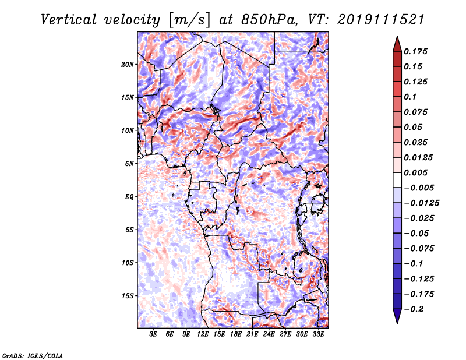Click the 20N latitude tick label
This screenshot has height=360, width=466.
pos(128,65)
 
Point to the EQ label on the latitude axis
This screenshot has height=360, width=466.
pos(129,197)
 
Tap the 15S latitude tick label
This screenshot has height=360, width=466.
pos(128,296)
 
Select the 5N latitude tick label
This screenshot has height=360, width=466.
pos(129,164)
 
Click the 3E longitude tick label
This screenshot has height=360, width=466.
pos(153,334)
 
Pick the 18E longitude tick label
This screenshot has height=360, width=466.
pos(236,334)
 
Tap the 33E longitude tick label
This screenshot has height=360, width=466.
pos(318,334)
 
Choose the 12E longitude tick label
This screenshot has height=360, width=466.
pos(203,334)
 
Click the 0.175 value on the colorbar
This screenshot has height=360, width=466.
pos(415,51)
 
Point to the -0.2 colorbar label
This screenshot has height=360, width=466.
pos(414,309)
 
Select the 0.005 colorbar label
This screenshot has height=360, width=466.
pos(415,172)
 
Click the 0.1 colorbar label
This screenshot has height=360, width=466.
pos(410,97)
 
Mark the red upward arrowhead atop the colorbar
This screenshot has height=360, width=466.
pos(397,44)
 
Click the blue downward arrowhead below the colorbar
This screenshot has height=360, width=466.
pos(397,316)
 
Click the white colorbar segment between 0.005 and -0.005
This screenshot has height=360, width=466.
pos(397,180)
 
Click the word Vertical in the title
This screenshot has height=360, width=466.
pos(69,20)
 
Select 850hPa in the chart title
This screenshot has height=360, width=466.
pos(269,20)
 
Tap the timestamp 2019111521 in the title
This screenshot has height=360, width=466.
pos(381,20)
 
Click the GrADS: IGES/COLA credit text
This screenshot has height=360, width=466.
pos(33,356)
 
